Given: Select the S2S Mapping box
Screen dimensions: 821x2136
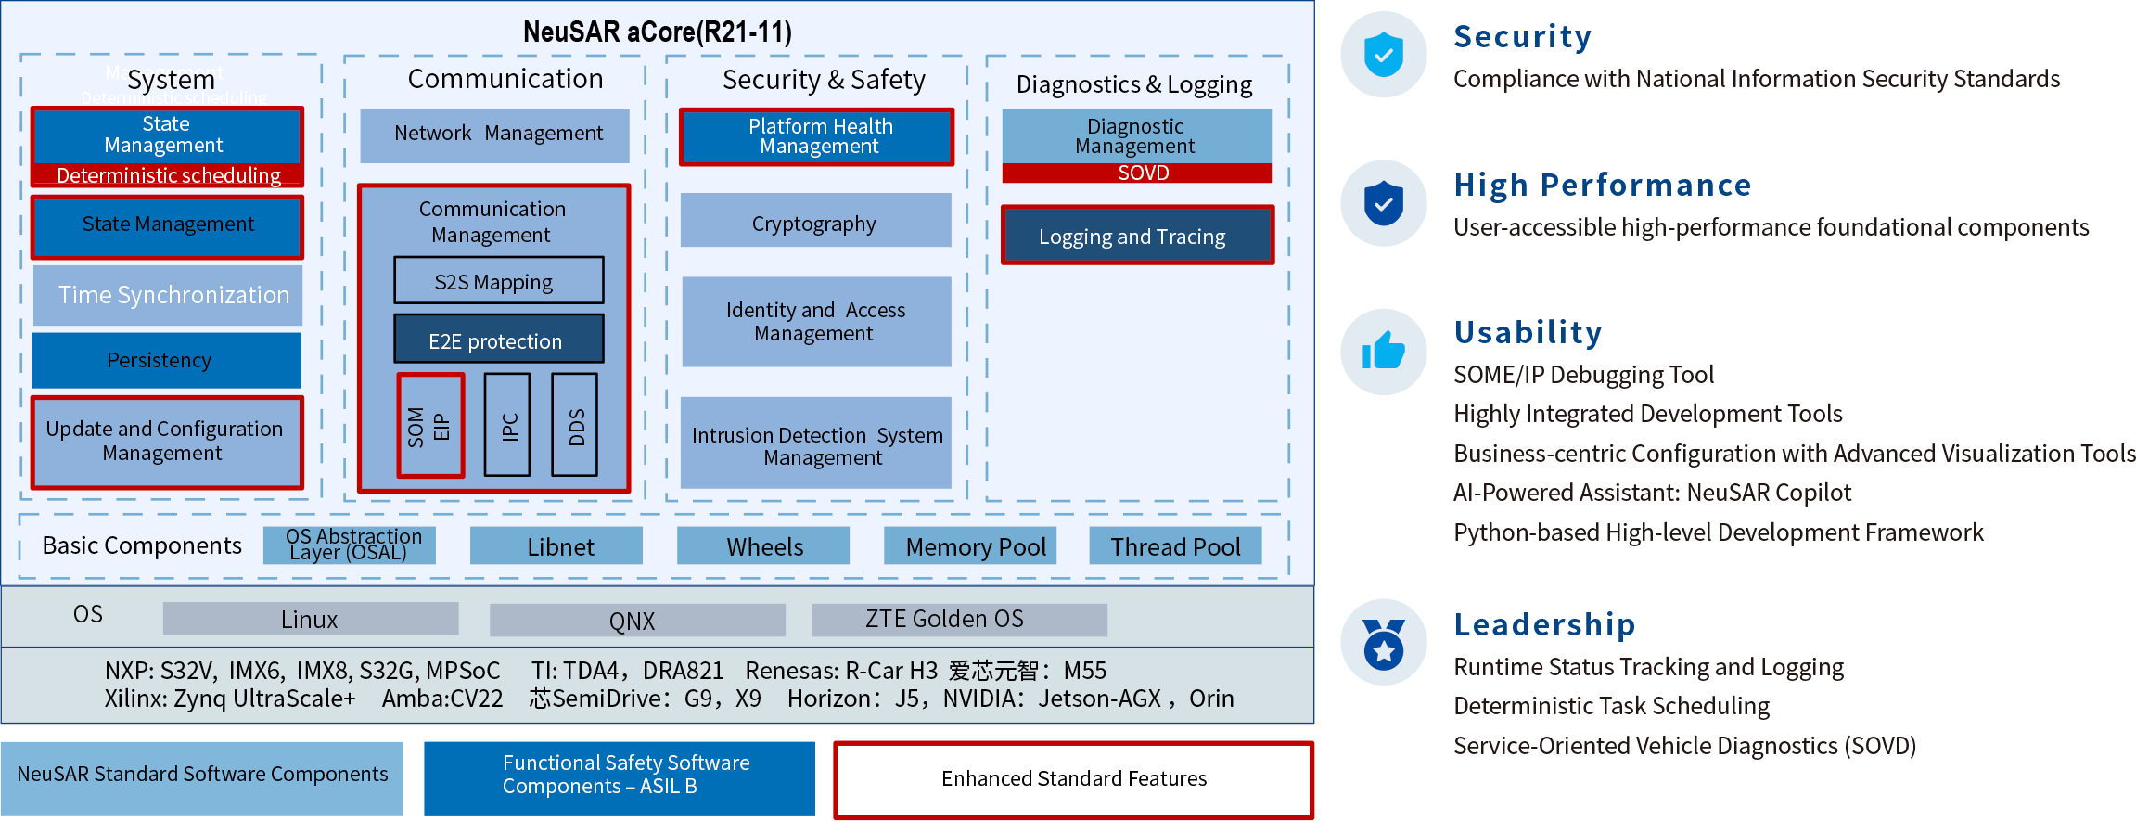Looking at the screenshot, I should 498,280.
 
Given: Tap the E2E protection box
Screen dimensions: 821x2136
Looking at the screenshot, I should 498,340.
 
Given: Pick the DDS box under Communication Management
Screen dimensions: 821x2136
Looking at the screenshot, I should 575,425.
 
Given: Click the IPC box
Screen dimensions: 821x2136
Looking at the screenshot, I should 507,425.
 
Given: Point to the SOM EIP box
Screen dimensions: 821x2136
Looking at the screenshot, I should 430,425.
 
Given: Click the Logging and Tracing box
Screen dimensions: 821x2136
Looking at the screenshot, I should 1137,236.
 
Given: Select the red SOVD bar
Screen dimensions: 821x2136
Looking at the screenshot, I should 1137,173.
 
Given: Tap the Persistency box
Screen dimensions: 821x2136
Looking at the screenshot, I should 166,360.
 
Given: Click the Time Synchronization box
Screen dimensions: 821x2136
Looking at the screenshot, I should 168,295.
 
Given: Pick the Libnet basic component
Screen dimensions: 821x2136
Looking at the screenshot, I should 556,545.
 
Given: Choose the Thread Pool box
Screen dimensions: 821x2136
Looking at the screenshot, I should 1175,545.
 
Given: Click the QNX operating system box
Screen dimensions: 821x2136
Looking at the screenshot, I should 637,620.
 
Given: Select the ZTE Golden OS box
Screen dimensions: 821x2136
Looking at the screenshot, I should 958,620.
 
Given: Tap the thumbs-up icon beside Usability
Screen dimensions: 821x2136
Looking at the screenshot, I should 1383,352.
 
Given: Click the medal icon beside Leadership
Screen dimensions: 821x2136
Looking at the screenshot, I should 1383,642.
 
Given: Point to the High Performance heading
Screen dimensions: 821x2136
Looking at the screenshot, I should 1602,186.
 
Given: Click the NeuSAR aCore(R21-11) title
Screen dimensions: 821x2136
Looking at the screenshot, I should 657,32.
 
